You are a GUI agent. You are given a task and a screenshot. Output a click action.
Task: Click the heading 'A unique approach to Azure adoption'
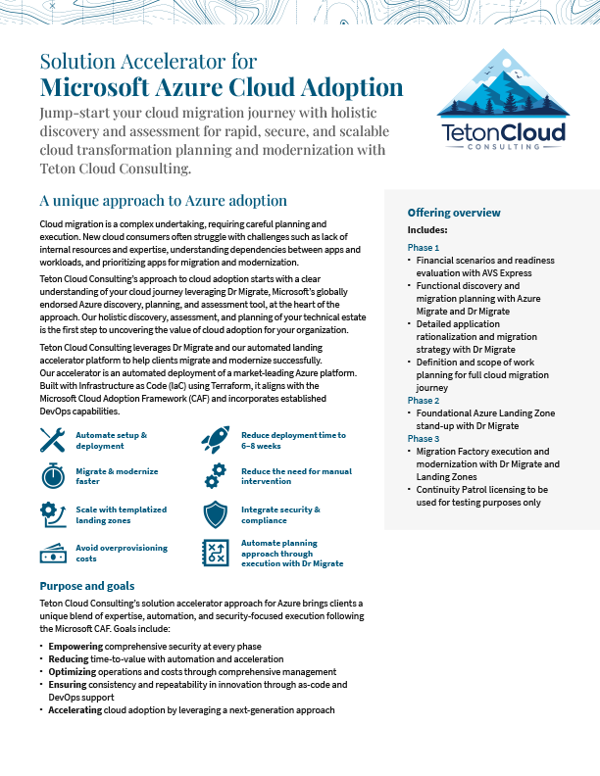tap(163, 201)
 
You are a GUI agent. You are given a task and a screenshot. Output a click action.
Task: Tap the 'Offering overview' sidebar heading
tap(454, 213)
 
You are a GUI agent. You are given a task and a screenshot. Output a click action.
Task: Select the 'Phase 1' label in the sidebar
tap(424, 247)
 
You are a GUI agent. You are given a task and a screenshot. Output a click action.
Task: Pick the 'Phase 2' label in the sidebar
tap(424, 401)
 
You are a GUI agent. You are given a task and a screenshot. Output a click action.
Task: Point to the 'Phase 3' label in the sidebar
tap(424, 439)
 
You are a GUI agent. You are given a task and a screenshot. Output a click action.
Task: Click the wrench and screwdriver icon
tap(53, 441)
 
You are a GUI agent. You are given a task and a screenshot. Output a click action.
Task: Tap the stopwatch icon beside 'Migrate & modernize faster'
tap(53, 477)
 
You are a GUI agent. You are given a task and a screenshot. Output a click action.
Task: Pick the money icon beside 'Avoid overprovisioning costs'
tap(53, 554)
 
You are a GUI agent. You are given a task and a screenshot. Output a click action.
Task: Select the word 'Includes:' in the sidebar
tap(427, 230)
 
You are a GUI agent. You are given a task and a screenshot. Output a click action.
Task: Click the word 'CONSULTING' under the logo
tap(501, 146)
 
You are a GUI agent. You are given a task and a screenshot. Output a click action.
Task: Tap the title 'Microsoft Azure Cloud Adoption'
tap(222, 86)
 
